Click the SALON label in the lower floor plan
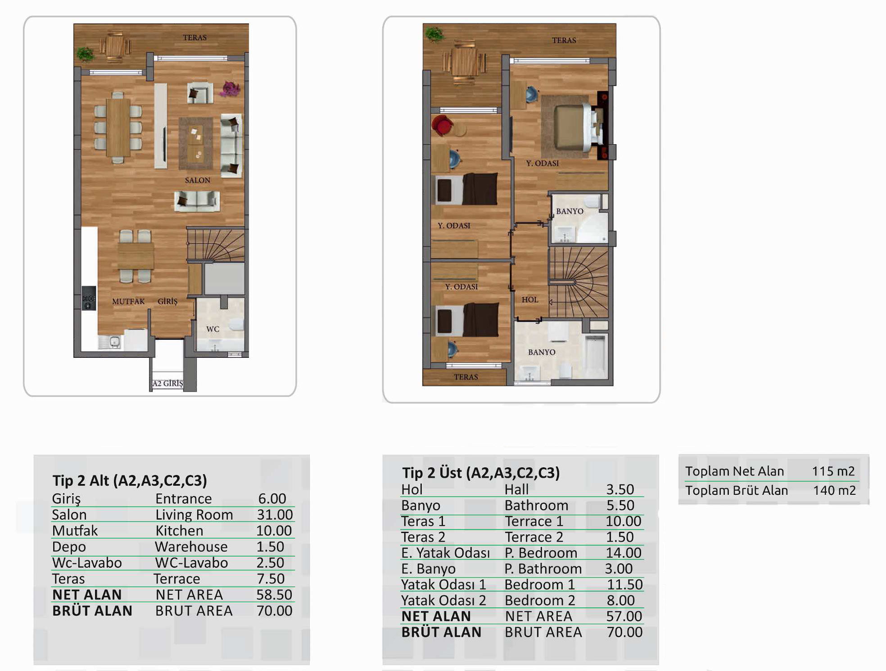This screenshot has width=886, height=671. (x=198, y=180)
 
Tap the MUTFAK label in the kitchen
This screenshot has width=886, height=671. (x=128, y=301)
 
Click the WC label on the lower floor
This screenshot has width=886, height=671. (x=212, y=329)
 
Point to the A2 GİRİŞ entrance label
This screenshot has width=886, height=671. (x=168, y=383)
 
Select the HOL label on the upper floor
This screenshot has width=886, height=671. (x=530, y=300)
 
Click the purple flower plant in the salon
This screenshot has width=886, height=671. (x=230, y=88)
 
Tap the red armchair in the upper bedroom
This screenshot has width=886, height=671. (x=442, y=125)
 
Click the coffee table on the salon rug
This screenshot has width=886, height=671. (x=195, y=143)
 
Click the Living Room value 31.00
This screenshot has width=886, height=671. (x=275, y=515)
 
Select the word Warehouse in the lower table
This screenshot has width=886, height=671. (x=191, y=547)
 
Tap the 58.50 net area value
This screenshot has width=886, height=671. (x=274, y=595)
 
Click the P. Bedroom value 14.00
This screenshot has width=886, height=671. (x=624, y=553)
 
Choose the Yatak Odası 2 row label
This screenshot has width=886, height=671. (x=443, y=601)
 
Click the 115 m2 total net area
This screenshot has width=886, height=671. (x=833, y=471)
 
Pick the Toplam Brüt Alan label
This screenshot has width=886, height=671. (x=737, y=491)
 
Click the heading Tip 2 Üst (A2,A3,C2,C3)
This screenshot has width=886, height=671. (x=481, y=473)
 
